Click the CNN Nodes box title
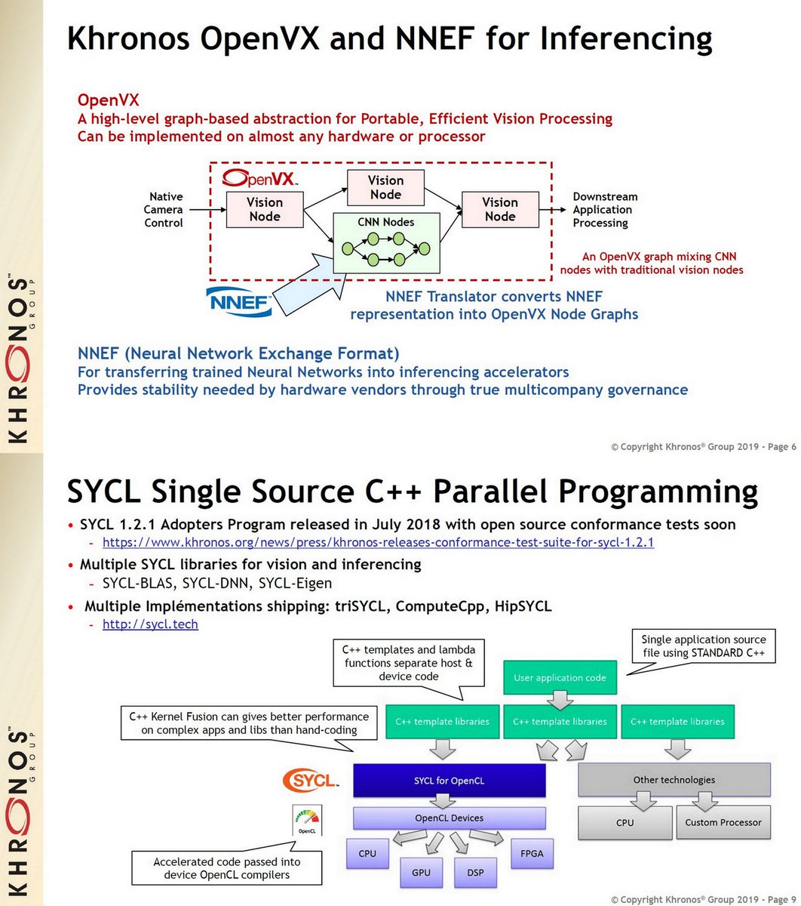pyautogui.click(x=385, y=222)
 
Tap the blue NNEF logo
pyautogui.click(x=239, y=302)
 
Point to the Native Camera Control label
pyautogui.click(x=164, y=210)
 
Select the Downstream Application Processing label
pyautogui.click(x=604, y=210)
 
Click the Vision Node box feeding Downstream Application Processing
pyautogui.click(x=500, y=209)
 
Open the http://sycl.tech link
pyautogui.click(x=150, y=624)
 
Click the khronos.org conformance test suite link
pyautogui.click(x=378, y=542)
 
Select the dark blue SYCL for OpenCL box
pyautogui.click(x=449, y=781)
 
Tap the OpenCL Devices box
pyautogui.click(x=449, y=818)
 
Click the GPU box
pyautogui.click(x=421, y=872)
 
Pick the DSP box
pyautogui.click(x=475, y=872)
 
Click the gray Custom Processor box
pyautogui.click(x=723, y=822)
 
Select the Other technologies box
pyautogui.click(x=674, y=780)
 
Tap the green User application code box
pyautogui.click(x=560, y=677)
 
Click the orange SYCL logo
pyautogui.click(x=309, y=780)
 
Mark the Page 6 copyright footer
pyautogui.click(x=703, y=447)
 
